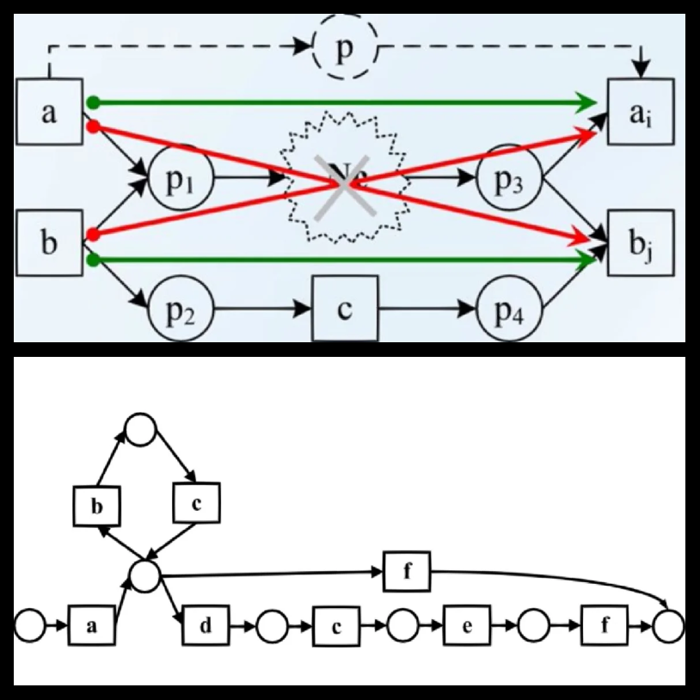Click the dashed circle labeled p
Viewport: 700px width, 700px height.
[345, 51]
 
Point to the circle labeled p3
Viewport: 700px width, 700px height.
[510, 180]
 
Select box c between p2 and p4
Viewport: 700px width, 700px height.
[345, 309]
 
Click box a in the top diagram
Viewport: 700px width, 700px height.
[49, 112]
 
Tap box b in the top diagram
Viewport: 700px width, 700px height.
[49, 243]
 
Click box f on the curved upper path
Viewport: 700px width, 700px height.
[408, 570]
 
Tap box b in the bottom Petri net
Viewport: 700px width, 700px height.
[97, 506]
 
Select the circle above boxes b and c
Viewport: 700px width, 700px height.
[141, 427]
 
